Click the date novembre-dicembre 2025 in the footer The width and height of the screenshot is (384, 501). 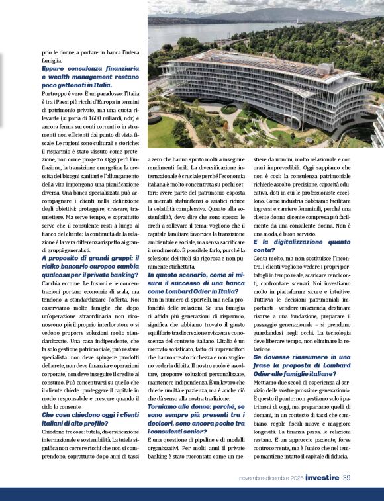(x=271, y=478)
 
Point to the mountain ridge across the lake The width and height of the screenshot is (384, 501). (x=232, y=15)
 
